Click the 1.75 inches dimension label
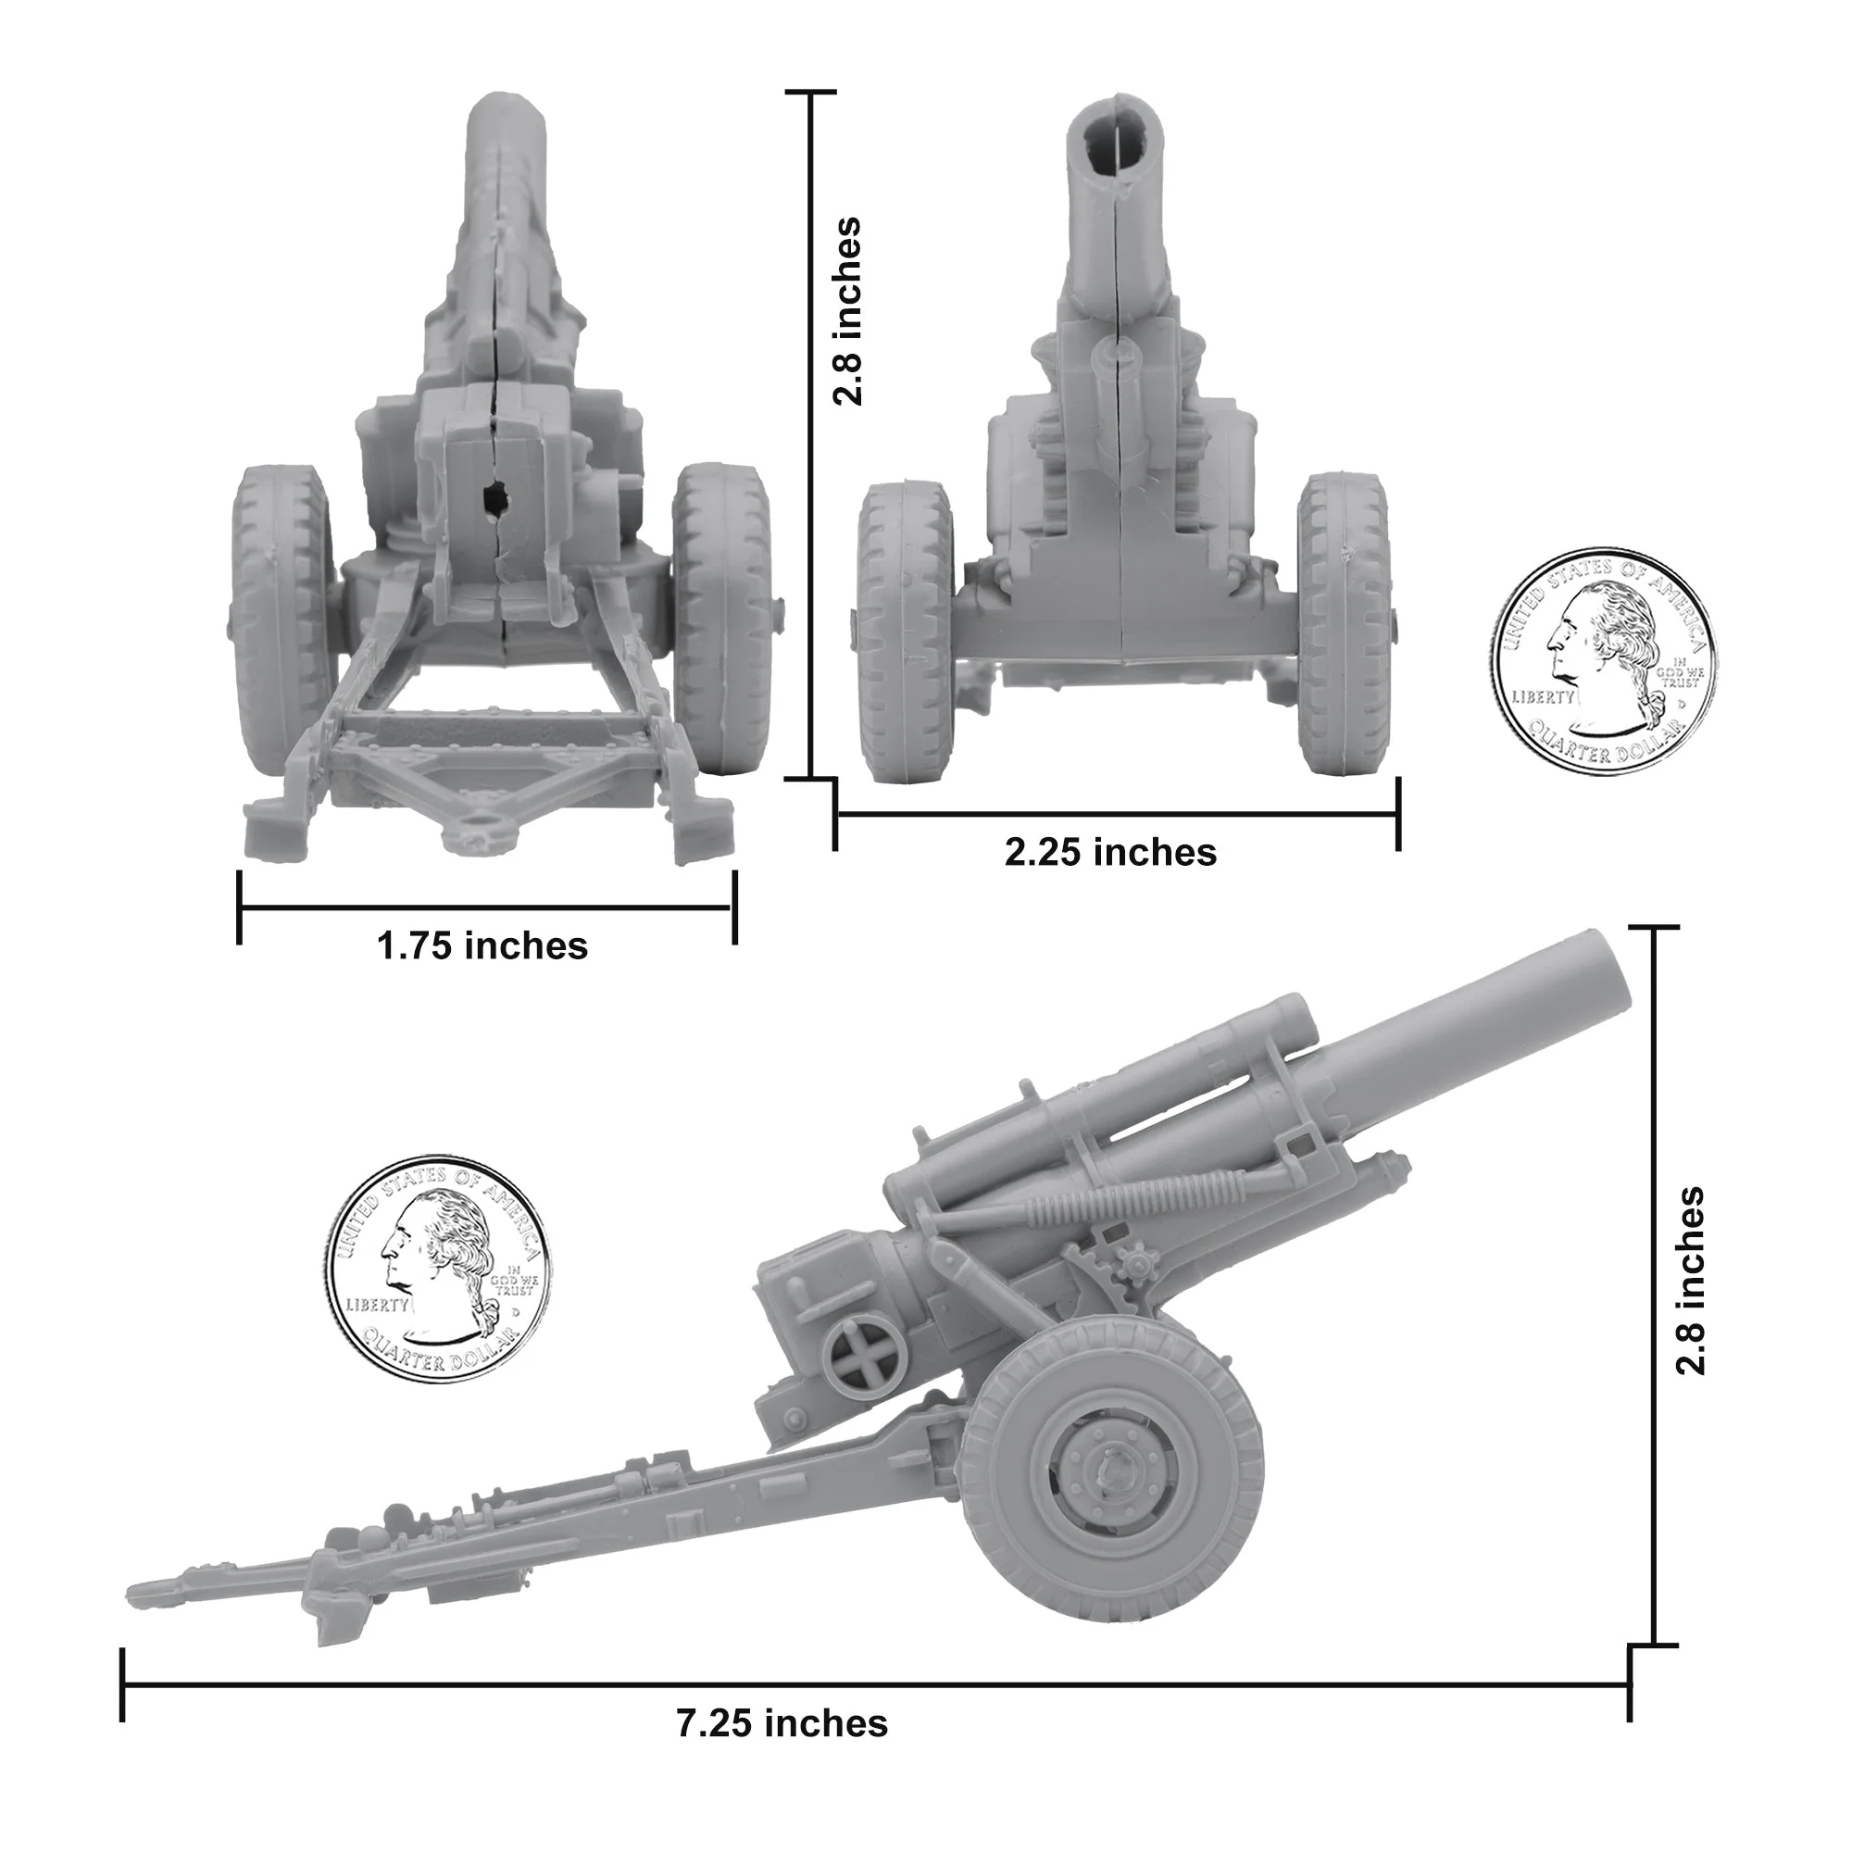click(482, 946)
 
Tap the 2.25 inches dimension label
click(1110, 852)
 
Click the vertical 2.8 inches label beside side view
click(1691, 1282)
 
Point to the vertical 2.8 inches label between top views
click(847, 311)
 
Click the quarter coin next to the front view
click(1604, 661)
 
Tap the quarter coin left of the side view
click(437, 1269)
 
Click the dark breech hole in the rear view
click(495, 497)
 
